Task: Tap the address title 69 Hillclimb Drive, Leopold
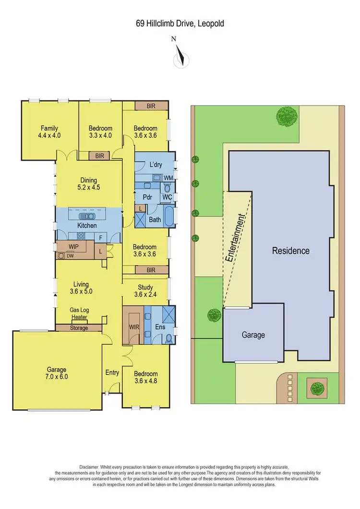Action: point(180,23)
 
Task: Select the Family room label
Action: point(49,132)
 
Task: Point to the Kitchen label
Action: point(87,225)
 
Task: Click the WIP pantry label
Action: point(73,246)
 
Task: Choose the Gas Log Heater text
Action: point(79,314)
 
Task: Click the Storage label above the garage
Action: point(79,328)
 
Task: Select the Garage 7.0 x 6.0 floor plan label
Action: point(56,373)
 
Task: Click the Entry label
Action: point(112,372)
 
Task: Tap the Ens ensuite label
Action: point(160,327)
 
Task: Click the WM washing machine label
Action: point(168,177)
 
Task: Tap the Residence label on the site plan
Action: point(291,251)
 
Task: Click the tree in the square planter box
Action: point(316,387)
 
